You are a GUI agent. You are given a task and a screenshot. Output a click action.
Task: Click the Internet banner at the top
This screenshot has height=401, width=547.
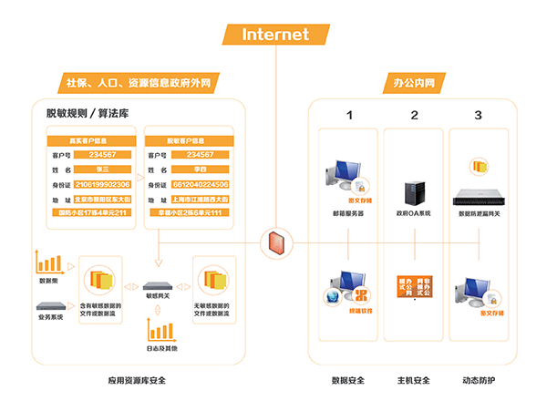click(x=274, y=34)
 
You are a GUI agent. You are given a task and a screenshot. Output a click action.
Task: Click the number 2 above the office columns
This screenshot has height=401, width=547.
click(x=414, y=115)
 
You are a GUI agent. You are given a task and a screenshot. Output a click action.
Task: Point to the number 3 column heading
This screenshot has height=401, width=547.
click(x=478, y=115)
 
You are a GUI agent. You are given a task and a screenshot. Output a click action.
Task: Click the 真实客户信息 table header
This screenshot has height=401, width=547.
click(x=91, y=141)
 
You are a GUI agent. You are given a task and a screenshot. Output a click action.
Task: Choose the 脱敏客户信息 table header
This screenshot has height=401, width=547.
click(x=186, y=141)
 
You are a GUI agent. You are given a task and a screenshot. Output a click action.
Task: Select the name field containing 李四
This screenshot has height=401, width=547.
click(x=197, y=170)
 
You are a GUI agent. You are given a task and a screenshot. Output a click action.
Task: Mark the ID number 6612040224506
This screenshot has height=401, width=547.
click(x=197, y=184)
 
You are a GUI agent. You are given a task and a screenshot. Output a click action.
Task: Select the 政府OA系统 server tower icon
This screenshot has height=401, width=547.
click(x=413, y=192)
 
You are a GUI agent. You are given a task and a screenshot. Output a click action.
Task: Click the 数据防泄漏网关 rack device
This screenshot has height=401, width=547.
click(x=479, y=197)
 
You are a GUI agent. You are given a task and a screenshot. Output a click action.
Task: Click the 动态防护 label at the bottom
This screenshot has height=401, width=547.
click(x=479, y=379)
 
